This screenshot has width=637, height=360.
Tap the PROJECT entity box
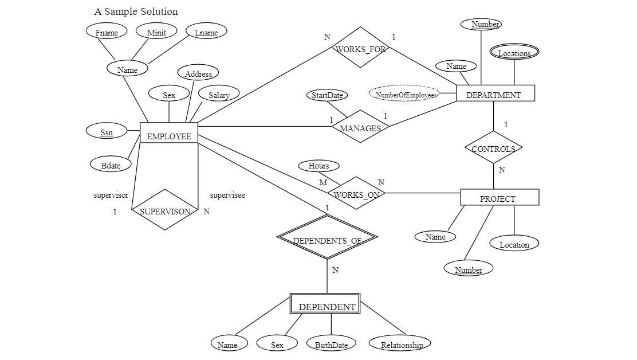500,198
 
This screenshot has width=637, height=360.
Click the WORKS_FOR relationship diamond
360,48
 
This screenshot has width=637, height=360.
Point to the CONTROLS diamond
493,148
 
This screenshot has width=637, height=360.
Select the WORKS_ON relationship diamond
357,193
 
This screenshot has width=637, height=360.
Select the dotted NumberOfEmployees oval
404,94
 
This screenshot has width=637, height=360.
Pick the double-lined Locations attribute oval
514,52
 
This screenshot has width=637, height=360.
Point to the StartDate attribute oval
327,95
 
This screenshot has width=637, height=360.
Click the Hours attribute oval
319,166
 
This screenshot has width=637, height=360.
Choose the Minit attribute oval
156,32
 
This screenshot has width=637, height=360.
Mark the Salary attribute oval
219,95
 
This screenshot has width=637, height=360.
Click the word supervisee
227,195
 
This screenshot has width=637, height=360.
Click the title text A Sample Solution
136,12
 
